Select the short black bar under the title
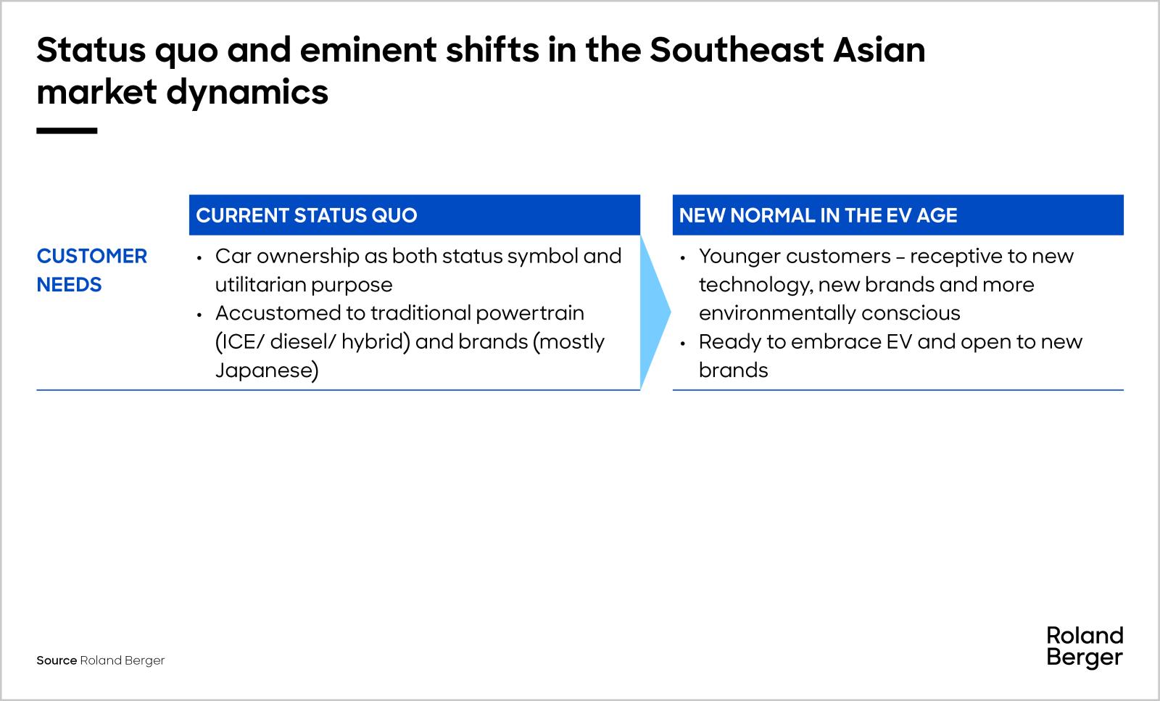click(x=67, y=131)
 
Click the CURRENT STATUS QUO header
click(x=307, y=215)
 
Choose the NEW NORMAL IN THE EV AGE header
click(x=818, y=215)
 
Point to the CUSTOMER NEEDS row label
click(x=91, y=270)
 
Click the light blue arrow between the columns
click(x=655, y=312)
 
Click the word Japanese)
click(x=266, y=370)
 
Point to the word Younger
click(x=739, y=256)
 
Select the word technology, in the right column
click(x=755, y=285)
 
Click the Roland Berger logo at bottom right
click(x=1085, y=647)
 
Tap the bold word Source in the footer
click(x=57, y=660)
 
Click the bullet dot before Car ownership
click(x=199, y=257)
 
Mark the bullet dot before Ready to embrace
click(x=683, y=343)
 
